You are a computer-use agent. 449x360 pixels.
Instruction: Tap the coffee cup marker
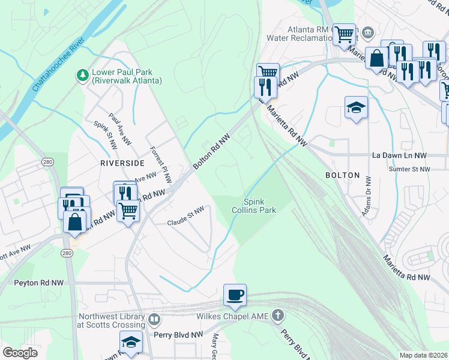coord(235,295)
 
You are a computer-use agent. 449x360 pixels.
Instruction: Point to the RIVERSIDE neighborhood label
coord(122,163)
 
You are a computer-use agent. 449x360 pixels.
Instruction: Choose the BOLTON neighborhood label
coord(342,175)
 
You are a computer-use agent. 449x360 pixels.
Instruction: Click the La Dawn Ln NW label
coord(399,155)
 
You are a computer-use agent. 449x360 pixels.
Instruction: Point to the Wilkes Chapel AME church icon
coord(277,314)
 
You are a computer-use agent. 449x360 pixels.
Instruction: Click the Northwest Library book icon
coord(155,319)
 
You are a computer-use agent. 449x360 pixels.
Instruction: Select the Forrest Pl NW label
coord(161,164)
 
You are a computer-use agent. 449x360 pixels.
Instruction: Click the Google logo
coord(20,352)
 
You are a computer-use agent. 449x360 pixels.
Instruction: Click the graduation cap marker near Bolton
coord(356,108)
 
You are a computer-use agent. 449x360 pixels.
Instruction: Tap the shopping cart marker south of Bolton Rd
coord(128,211)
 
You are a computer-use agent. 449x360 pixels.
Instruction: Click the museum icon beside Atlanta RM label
coord(369,31)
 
